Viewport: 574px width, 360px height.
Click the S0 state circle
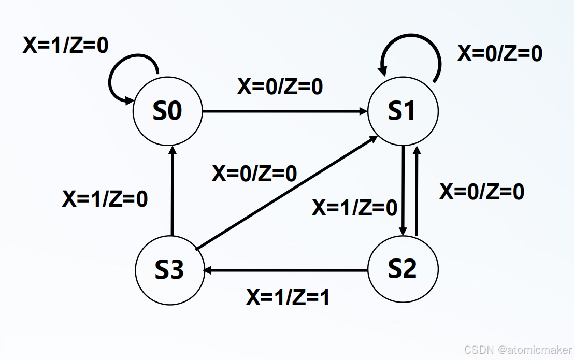click(168, 111)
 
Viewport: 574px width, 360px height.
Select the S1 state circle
click(403, 111)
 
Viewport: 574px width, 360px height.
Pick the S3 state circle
click(170, 270)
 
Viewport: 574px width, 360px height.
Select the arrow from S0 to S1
click(285, 111)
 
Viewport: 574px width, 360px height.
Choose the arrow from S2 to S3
click(285, 270)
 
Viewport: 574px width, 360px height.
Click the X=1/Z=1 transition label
click(288, 297)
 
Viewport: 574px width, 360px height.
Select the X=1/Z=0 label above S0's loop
click(66, 46)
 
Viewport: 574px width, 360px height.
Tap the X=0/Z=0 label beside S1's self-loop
click(499, 53)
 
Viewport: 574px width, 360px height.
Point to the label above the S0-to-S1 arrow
click(280, 87)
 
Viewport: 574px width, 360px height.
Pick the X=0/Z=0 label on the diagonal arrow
click(254, 174)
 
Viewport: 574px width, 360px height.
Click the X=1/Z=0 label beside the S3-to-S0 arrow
click(105, 199)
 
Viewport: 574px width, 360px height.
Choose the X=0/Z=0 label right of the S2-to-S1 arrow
click(482, 192)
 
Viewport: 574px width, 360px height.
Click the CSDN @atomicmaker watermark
click(518, 350)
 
